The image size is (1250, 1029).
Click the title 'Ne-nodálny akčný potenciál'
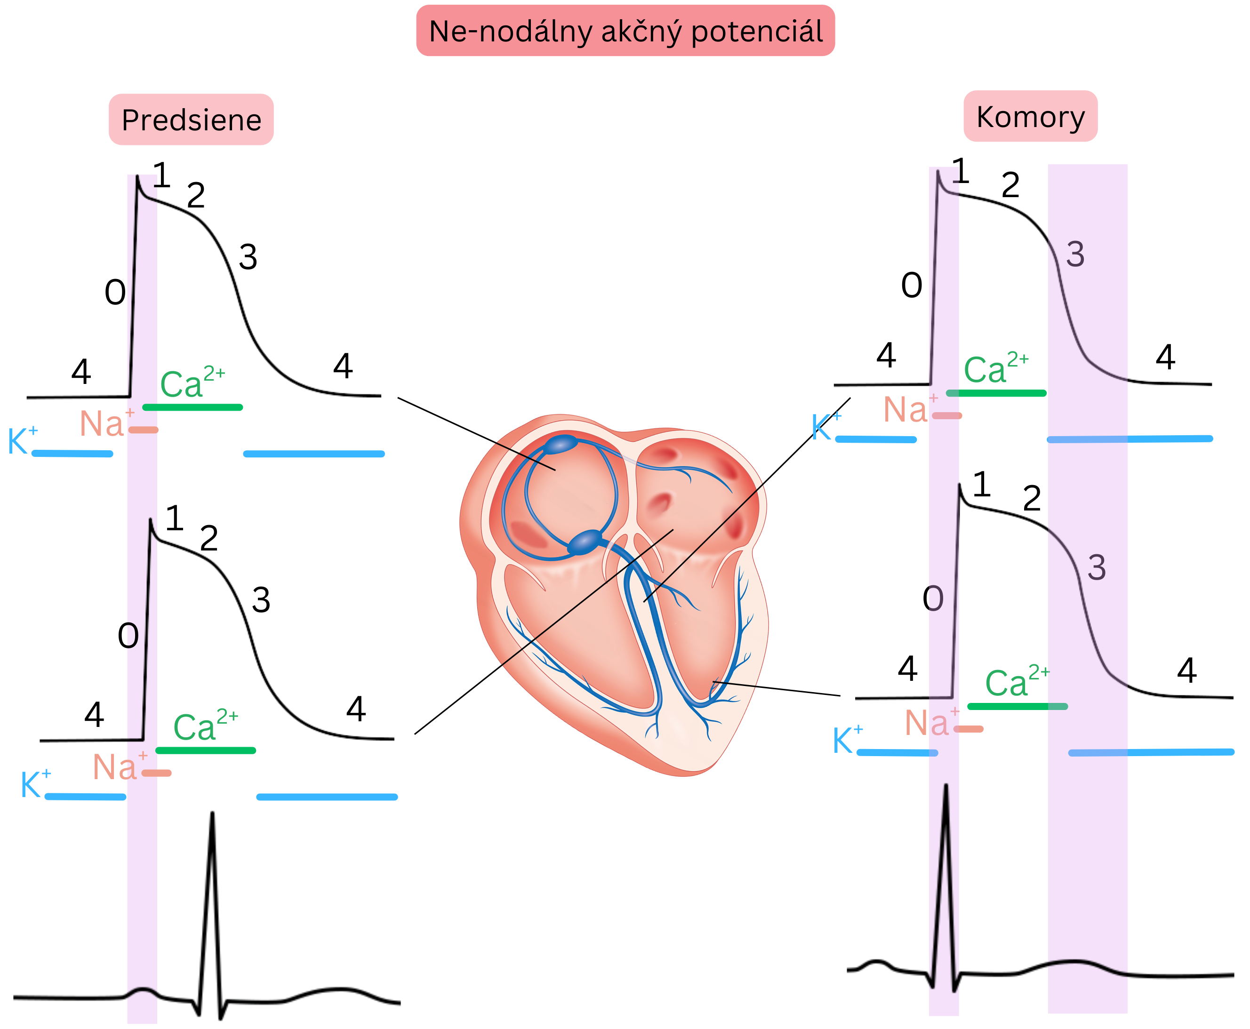[x=625, y=31]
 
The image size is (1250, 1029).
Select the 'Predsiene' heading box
[x=191, y=120]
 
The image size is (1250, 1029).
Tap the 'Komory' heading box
[x=1030, y=116]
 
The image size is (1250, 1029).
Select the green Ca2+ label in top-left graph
[x=191, y=383]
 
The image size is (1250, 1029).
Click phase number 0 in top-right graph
[x=912, y=286]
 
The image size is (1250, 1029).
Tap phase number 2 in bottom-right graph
[x=1032, y=498]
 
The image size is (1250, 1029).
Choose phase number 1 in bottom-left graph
[x=174, y=518]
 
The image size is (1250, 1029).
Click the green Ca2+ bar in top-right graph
[x=996, y=393]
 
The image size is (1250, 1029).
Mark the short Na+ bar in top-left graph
[x=144, y=430]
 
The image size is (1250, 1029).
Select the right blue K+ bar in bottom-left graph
[x=327, y=797]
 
